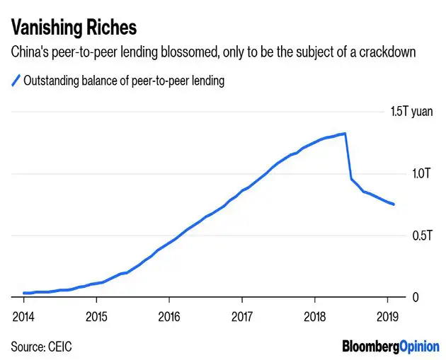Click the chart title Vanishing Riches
74,28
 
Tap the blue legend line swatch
16,81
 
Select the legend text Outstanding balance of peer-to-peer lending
124,81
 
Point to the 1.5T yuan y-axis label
411,112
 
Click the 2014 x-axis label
23,316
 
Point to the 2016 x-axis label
168,316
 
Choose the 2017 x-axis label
241,316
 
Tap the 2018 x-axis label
314,316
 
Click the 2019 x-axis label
387,316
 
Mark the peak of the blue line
344,133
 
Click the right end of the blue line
394,204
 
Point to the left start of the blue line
23,293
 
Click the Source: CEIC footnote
41,347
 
